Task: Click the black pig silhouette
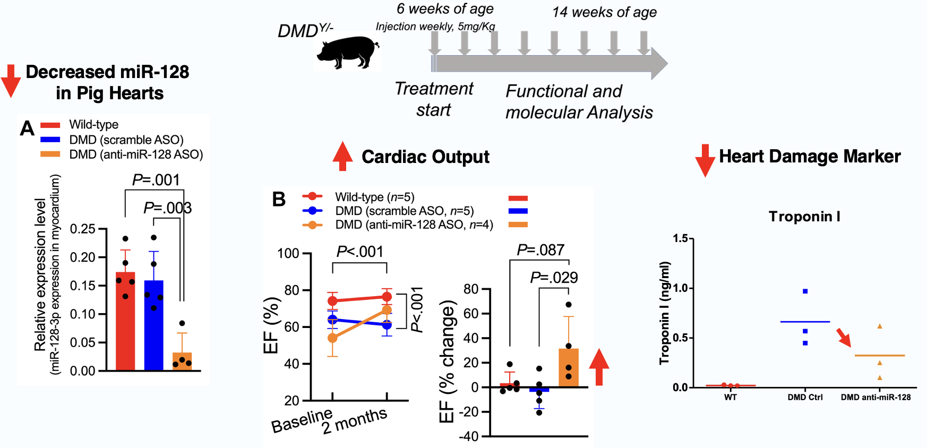(348, 51)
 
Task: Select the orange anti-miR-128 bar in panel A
(182, 361)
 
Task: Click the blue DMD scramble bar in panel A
(154, 325)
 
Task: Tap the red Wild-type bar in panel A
(125, 321)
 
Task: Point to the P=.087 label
(540, 250)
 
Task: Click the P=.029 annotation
(554, 278)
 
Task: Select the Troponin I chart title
(804, 217)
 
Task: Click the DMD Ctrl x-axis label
(805, 397)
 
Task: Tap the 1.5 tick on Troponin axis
(680, 238)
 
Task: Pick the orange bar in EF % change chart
(569, 367)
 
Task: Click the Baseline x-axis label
(302, 421)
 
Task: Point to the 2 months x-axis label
(355, 421)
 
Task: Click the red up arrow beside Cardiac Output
(342, 156)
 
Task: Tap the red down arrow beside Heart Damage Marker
(705, 159)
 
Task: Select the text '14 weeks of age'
(604, 12)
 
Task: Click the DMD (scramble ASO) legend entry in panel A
(126, 140)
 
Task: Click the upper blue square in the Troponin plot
(805, 291)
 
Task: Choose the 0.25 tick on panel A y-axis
(82, 229)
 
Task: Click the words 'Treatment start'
(434, 99)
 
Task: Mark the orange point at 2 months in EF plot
(387, 310)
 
